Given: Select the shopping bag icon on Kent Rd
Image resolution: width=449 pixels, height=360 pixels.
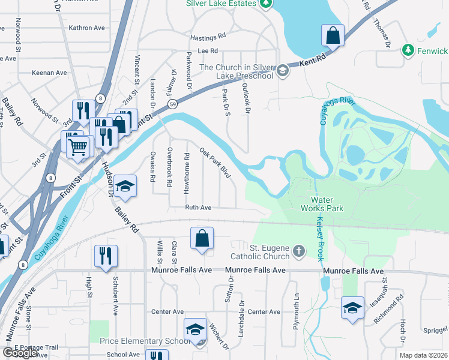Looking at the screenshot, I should (333, 36).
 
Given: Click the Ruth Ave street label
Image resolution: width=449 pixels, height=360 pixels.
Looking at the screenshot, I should (198, 208).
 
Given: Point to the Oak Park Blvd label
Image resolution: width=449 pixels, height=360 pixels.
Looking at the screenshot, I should (215, 163).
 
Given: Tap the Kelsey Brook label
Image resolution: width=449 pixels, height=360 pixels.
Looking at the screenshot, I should (319, 238).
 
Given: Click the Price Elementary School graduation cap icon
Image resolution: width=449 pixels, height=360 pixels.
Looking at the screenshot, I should (195, 330).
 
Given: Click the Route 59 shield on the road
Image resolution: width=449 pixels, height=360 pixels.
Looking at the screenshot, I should (172, 104).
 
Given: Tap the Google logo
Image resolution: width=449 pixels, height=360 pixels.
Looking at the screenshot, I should (20, 353).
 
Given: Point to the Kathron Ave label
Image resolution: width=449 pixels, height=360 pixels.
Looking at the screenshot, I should (87, 28).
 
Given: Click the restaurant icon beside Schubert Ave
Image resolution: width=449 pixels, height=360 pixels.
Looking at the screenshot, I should (106, 256).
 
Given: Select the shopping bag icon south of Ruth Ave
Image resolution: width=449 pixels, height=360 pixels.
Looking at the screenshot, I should (202, 238).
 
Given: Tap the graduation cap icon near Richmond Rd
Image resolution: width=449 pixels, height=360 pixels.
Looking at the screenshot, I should (352, 308).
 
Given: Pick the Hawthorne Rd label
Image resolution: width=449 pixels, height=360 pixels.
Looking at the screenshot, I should (187, 173).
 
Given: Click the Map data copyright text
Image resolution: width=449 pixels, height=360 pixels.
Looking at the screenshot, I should (423, 355).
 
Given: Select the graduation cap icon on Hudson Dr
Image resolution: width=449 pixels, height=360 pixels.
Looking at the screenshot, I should (125, 187).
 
